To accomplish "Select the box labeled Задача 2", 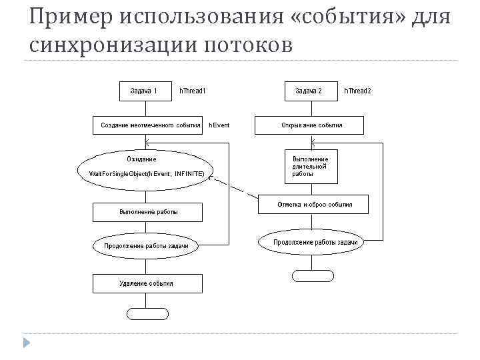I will click(x=309, y=91).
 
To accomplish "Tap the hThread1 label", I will click(x=193, y=91).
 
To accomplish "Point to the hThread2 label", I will click(x=357, y=91).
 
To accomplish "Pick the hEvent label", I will click(x=219, y=125).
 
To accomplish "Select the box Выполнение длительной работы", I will click(x=311, y=167).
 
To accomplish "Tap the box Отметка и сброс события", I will click(x=315, y=205).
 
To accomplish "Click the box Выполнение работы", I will click(x=148, y=212).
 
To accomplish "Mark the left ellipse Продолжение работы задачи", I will click(x=147, y=245).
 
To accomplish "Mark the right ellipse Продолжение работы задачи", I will click(x=315, y=242).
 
